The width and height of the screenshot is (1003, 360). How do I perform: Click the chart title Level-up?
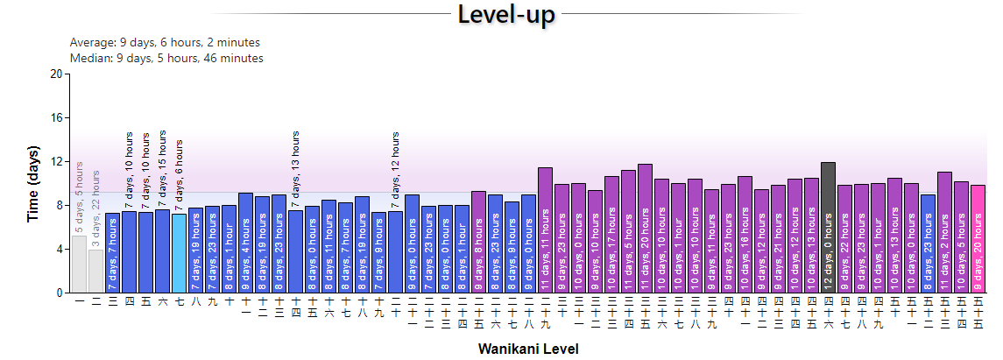tap(502, 15)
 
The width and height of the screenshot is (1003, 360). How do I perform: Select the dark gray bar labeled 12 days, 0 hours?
tap(829, 227)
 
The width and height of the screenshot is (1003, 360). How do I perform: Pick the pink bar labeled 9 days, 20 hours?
tap(978, 238)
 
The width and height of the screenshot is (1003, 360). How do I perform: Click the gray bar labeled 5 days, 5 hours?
tap(79, 264)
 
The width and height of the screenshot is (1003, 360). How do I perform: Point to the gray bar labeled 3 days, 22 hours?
tap(95, 271)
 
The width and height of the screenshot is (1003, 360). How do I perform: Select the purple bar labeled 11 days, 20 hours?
tap(646, 228)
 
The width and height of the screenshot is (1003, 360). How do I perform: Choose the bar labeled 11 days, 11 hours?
tap(545, 229)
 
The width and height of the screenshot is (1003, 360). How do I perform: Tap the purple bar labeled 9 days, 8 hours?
tap(478, 242)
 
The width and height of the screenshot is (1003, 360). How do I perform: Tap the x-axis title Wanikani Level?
tap(528, 349)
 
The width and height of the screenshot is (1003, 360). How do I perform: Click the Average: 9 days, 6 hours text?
tap(165, 42)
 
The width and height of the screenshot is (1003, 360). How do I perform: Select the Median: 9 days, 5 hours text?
tap(166, 58)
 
